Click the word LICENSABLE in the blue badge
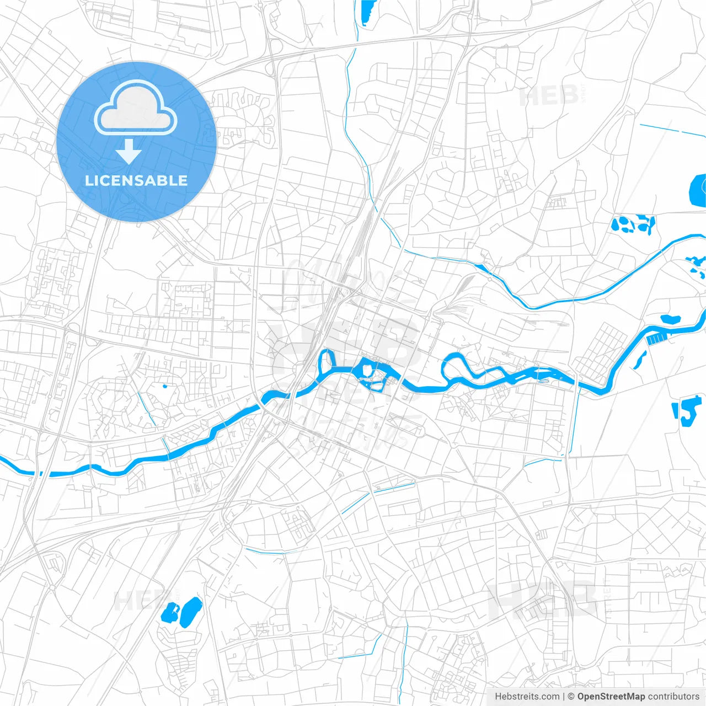click(136, 181)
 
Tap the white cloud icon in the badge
click(136, 109)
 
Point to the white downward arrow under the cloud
click(129, 151)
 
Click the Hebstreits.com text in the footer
click(527, 697)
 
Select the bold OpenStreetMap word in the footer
click(611, 697)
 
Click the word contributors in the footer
click(673, 697)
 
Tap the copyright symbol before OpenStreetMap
click(571, 697)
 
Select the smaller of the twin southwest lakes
click(169, 612)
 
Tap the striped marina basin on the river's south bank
click(655, 339)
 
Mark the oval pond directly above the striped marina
click(670, 319)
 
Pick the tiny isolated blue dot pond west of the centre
click(164, 386)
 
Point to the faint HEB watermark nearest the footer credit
click(543, 598)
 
